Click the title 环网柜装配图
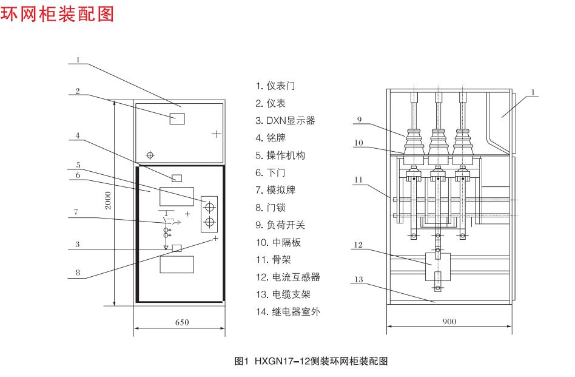coord(58,13)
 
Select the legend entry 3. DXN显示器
coord(285,120)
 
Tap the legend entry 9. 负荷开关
coord(280,225)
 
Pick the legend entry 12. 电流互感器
coord(287,277)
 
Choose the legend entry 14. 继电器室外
coord(287,312)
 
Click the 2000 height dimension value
coord(107,200)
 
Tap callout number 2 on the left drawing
coord(78,91)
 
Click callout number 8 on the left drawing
coord(78,273)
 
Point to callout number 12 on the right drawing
coord(358,245)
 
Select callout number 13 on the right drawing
coord(358,279)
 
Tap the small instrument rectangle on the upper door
coord(177,118)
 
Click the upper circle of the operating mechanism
coord(209,204)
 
